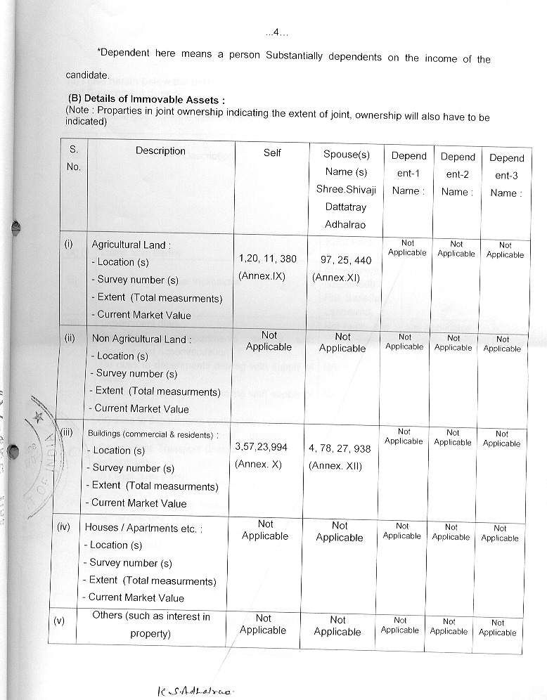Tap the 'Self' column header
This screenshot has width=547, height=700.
click(x=272, y=153)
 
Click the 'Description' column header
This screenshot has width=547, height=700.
click(x=160, y=150)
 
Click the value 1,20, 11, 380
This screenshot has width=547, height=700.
click(x=268, y=259)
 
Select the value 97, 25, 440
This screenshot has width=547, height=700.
click(x=346, y=260)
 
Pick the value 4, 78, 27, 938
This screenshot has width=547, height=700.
click(x=340, y=448)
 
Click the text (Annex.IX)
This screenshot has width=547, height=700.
click(x=262, y=276)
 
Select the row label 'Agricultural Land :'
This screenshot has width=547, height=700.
click(x=131, y=245)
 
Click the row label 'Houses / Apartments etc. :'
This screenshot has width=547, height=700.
click(x=143, y=528)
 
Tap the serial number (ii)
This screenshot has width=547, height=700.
click(x=70, y=338)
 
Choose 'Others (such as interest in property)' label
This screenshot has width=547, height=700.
click(x=150, y=625)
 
